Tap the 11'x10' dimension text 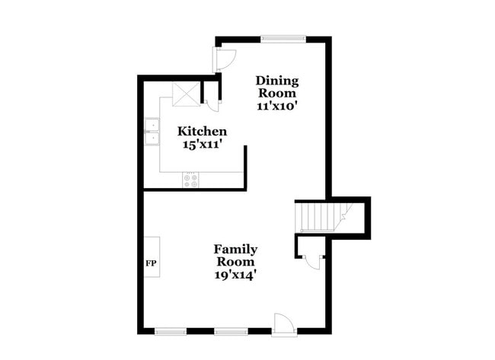276,107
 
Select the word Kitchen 202,131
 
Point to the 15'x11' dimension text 202,145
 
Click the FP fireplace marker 152,263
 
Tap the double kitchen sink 152,131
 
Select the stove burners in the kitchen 190,180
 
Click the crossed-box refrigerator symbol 185,94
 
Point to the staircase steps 318,217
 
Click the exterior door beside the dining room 225,60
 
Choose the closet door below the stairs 313,259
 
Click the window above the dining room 283,38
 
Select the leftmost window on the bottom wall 171,331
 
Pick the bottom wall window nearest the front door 230,331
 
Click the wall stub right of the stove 245,167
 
